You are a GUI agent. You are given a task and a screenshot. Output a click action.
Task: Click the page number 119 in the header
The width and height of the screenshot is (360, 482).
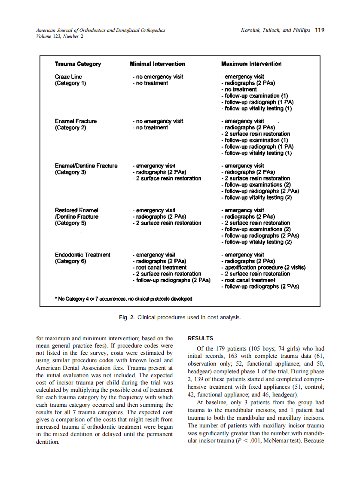click(x=320, y=30)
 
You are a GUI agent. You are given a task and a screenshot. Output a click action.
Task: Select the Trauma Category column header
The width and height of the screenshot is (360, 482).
click(x=78, y=64)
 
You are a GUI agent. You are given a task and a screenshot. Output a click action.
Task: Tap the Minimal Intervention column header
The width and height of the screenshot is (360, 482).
click(x=157, y=64)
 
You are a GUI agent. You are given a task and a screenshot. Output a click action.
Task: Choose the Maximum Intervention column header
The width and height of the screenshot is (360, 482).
click(x=251, y=64)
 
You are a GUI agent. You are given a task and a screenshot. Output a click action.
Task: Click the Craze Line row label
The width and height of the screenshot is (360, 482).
click(x=68, y=77)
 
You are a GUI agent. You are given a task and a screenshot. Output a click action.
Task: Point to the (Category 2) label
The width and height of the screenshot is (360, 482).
click(x=70, y=128)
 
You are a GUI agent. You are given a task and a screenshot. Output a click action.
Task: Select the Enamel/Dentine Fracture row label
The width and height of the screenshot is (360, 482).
click(x=86, y=166)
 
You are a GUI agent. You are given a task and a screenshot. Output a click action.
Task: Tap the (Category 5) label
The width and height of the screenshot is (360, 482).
click(x=70, y=223)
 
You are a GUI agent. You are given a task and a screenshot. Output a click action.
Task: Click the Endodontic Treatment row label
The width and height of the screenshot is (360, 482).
click(x=82, y=255)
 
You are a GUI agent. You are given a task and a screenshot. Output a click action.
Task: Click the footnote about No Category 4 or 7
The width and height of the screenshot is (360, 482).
click(x=123, y=299)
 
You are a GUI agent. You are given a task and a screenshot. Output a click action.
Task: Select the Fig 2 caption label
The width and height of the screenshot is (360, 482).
click(x=127, y=317)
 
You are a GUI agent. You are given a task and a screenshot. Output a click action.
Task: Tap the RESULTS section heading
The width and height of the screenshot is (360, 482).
click(x=201, y=339)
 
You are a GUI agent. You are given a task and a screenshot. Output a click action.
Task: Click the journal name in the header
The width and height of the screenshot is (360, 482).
click(x=101, y=31)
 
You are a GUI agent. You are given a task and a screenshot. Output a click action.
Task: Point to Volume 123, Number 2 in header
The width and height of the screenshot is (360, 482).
click(x=60, y=36)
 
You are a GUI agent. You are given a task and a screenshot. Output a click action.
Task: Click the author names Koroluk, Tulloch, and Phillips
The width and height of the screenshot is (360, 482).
click(x=276, y=31)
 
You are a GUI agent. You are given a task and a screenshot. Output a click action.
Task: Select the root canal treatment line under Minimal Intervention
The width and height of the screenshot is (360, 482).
click(x=159, y=268)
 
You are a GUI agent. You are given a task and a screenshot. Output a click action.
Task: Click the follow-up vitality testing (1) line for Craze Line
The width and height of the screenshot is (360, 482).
click(x=256, y=109)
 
